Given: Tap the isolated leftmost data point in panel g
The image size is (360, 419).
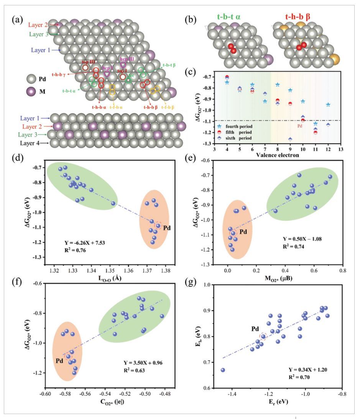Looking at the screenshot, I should (223, 370).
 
